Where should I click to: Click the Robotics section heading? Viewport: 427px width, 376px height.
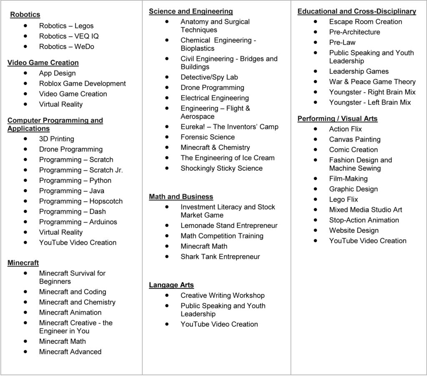pos(25,15)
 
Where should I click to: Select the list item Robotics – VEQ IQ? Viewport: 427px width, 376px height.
pos(69,36)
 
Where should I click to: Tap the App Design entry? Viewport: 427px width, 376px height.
pos(57,73)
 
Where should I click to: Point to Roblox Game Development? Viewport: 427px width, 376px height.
pos(82,84)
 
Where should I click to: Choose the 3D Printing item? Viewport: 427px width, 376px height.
pos(56,139)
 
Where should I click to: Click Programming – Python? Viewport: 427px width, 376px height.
pos(75,181)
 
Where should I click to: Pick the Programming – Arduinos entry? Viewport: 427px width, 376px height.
pos(78,222)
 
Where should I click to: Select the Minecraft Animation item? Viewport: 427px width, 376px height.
pos(70,313)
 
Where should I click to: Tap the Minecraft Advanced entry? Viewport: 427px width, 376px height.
pos(70,352)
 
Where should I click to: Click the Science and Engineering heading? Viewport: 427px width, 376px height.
pos(191,12)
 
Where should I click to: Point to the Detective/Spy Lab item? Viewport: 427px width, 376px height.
pos(209,77)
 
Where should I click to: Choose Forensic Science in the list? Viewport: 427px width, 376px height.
pos(208,137)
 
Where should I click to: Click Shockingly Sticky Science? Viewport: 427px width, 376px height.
pos(221,169)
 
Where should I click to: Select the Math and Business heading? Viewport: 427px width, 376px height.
pos(181,197)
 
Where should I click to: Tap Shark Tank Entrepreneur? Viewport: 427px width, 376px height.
pos(220,257)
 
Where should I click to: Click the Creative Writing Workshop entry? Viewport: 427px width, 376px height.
pos(222,295)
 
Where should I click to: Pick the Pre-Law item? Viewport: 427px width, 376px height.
pos(342,43)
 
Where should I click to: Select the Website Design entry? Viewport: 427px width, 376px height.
pos(354,230)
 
